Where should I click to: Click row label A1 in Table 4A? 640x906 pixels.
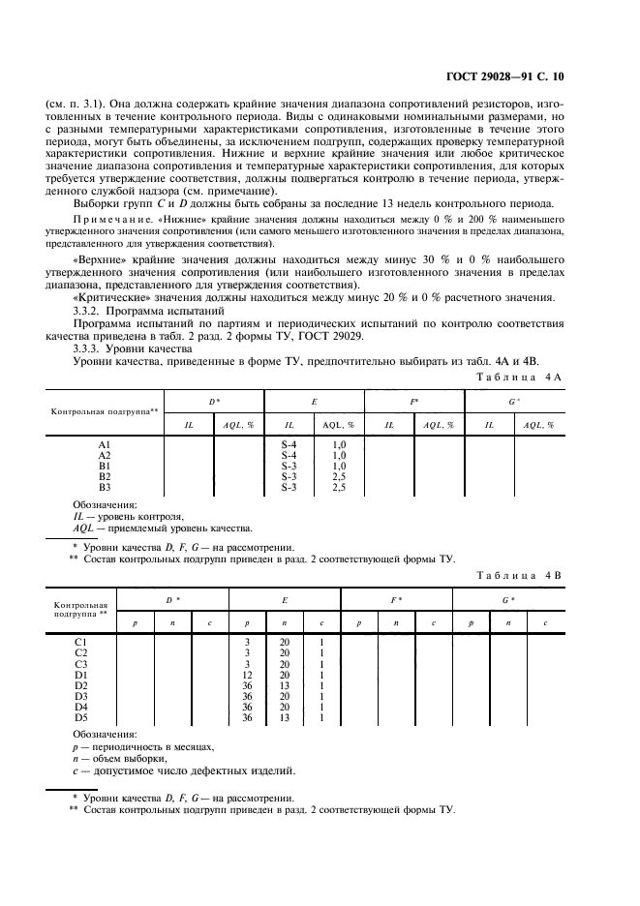(x=106, y=443)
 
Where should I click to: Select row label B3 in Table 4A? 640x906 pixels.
(x=106, y=487)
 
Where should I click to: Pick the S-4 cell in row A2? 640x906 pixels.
(x=290, y=454)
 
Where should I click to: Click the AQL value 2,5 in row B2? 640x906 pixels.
(x=339, y=476)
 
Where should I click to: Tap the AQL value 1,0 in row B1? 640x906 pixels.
(x=339, y=466)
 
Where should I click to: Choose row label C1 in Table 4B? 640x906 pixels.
(x=81, y=643)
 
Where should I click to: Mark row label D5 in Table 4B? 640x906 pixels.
(x=81, y=717)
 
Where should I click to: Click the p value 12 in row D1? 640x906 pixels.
(x=247, y=675)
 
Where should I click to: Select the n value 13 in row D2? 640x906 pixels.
(x=285, y=685)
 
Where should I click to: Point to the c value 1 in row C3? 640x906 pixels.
(x=321, y=664)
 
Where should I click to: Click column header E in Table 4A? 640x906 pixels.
(x=315, y=400)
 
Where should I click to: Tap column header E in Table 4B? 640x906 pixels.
(x=285, y=600)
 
